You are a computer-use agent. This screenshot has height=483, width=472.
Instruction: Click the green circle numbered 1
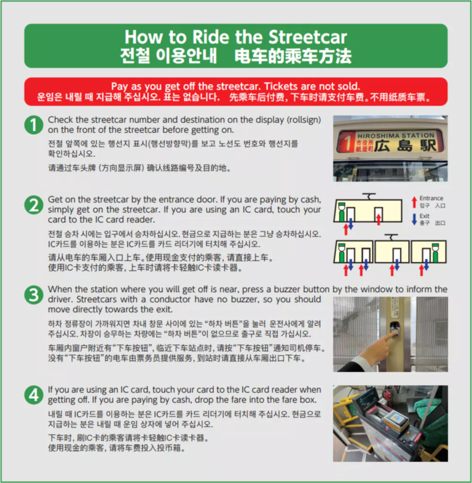(x=34, y=125)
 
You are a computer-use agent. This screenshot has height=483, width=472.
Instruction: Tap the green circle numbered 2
(x=34, y=205)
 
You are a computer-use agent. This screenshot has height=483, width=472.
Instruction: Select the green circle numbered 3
(x=34, y=295)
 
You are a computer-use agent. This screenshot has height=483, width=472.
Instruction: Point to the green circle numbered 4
(x=34, y=395)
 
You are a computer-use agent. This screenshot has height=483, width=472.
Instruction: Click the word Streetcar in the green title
(x=307, y=37)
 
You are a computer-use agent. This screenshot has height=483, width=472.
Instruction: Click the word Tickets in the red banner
(x=280, y=86)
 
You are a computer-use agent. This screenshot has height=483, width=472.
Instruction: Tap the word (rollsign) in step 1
(x=304, y=120)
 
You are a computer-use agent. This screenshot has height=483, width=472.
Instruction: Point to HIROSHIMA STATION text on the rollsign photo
(x=396, y=136)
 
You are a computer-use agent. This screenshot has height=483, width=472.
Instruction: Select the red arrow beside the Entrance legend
(x=414, y=202)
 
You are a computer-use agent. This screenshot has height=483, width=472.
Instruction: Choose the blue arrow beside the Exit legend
(x=414, y=219)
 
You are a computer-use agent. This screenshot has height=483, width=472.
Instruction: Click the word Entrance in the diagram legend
(x=431, y=198)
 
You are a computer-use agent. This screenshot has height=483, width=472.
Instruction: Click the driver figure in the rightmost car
(x=435, y=252)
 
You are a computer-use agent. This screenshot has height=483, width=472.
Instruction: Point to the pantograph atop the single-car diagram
(x=369, y=196)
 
